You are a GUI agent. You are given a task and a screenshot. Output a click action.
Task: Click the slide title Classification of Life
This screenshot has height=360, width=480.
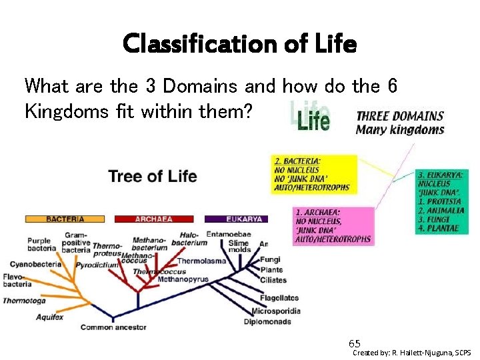(x=240, y=45)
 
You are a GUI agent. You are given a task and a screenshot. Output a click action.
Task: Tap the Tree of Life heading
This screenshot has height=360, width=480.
(x=152, y=176)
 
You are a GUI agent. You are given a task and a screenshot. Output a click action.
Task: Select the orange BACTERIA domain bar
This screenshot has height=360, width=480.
(x=65, y=219)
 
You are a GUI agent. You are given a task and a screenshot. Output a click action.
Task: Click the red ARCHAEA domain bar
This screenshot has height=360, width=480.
(x=155, y=219)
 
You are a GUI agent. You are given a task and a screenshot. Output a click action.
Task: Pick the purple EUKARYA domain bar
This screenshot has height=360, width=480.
(x=236, y=219)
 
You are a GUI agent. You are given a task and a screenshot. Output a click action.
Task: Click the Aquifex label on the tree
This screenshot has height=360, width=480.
(x=50, y=317)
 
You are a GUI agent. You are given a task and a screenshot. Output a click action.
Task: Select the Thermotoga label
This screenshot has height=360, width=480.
(x=24, y=301)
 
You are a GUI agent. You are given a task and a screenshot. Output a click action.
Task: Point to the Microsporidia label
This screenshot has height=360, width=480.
(x=276, y=311)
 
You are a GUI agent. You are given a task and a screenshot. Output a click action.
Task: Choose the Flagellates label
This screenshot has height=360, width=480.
(x=279, y=298)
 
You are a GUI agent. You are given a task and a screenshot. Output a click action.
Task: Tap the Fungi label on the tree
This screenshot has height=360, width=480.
(x=271, y=259)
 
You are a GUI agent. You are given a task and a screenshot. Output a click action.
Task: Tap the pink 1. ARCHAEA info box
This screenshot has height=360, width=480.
(x=333, y=225)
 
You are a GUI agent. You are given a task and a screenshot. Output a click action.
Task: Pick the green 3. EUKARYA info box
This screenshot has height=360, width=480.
(x=441, y=200)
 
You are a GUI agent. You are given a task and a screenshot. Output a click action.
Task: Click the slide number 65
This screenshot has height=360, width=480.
(x=355, y=343)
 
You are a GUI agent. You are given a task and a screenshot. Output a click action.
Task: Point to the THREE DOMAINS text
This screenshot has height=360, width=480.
(x=400, y=115)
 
